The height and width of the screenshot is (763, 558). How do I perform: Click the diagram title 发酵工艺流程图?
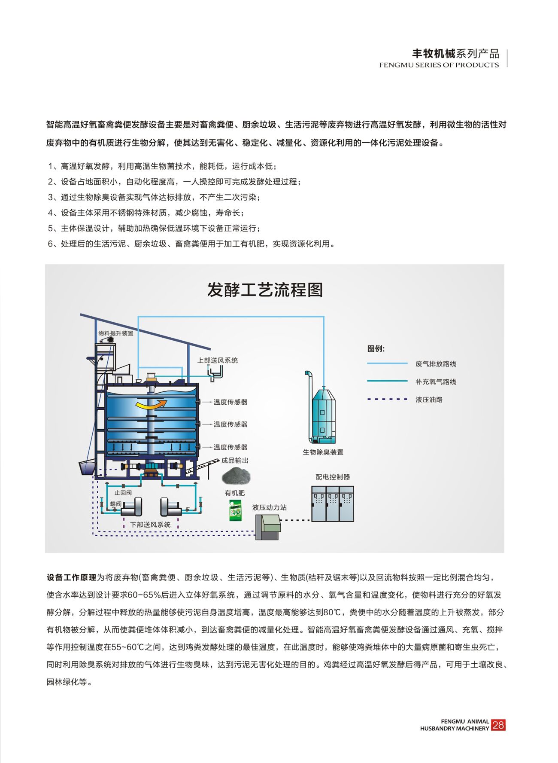click(x=265, y=290)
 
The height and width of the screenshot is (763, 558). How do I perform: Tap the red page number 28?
click(x=498, y=725)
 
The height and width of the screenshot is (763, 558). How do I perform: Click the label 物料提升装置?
click(x=116, y=333)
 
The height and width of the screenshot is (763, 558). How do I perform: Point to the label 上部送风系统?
click(x=218, y=360)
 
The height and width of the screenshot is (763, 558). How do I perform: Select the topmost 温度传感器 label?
click(x=230, y=402)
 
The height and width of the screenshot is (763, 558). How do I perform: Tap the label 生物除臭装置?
click(x=323, y=452)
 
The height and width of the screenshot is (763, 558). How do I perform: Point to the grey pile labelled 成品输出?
click(x=236, y=476)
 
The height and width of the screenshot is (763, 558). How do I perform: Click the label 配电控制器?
click(x=333, y=477)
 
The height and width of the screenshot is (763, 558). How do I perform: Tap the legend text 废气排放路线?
click(x=436, y=364)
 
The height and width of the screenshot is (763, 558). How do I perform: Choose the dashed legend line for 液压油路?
click(x=387, y=399)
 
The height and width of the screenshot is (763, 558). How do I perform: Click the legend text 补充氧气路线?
click(x=436, y=381)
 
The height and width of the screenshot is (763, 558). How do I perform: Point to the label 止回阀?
click(x=123, y=493)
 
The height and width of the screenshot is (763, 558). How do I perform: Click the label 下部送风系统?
click(x=150, y=525)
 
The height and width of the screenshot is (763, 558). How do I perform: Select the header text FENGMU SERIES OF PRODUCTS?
click(x=439, y=65)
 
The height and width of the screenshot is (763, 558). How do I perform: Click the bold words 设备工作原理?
click(x=72, y=577)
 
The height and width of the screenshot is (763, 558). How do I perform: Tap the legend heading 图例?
click(x=376, y=348)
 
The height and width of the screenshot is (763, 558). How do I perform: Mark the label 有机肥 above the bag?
click(x=235, y=493)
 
